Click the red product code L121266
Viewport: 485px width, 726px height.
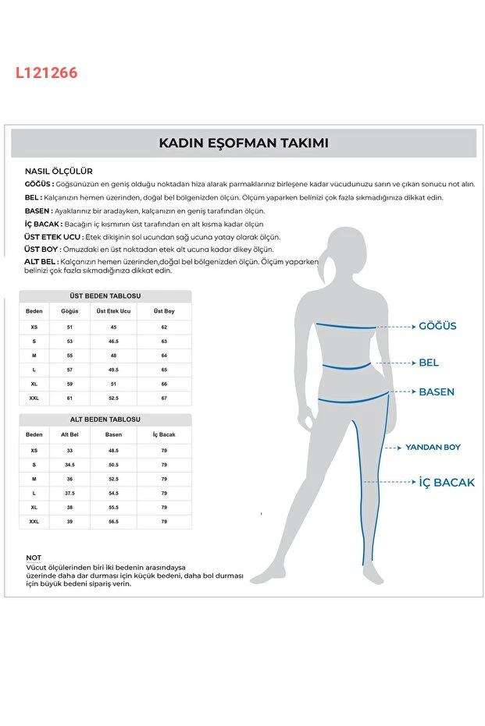click(46, 73)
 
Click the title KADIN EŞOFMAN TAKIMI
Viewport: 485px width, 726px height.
click(243, 143)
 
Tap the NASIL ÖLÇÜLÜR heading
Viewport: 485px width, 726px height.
click(59, 171)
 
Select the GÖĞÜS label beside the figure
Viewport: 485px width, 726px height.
click(437, 326)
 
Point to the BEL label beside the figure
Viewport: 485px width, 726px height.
click(429, 363)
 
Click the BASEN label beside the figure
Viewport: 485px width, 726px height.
click(437, 391)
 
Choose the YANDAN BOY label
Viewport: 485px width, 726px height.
click(432, 448)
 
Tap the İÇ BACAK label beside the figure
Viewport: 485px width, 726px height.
click(447, 483)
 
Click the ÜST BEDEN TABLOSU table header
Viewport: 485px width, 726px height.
click(105, 296)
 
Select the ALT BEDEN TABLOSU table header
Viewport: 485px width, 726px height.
click(105, 420)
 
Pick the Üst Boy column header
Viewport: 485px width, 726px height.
click(164, 311)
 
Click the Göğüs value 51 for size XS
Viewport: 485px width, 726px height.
click(70, 328)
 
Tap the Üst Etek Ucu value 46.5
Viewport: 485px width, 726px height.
click(113, 342)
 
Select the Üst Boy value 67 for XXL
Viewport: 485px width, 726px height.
click(164, 398)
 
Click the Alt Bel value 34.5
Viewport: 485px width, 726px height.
click(70, 465)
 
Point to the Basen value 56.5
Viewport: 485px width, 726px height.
click(113, 522)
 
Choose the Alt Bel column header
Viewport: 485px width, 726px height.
click(70, 434)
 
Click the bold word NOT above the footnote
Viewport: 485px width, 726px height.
click(34, 558)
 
